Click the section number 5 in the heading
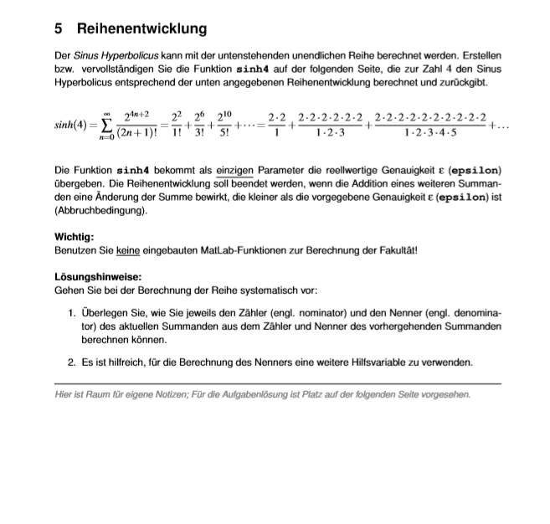pyautogui.click(x=59, y=28)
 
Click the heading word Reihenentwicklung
pyautogui.click(x=141, y=28)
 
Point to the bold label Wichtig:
pyautogui.click(x=74, y=237)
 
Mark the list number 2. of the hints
pyautogui.click(x=72, y=362)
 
